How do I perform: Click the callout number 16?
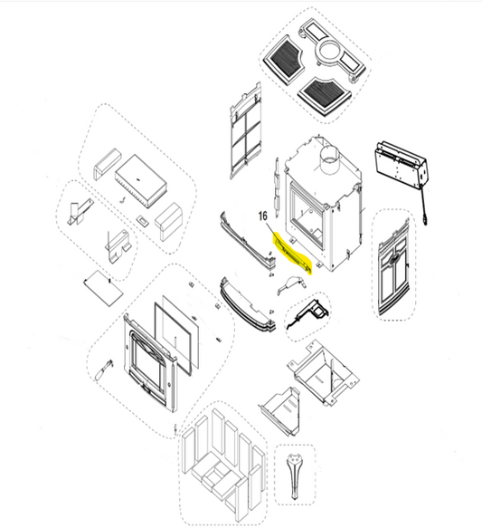click(263, 216)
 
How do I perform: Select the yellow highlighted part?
click(293, 254)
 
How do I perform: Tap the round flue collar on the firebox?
click(329, 161)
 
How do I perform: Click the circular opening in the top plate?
click(330, 51)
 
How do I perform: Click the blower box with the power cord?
click(400, 166)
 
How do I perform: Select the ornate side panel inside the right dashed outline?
click(393, 268)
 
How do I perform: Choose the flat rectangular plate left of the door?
click(103, 288)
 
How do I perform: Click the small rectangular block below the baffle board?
click(142, 222)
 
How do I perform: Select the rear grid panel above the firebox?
click(245, 131)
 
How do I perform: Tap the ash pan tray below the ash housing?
click(281, 411)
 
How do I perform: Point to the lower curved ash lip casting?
click(248, 307)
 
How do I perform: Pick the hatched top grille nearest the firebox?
click(325, 96)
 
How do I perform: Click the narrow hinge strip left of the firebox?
click(277, 187)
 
